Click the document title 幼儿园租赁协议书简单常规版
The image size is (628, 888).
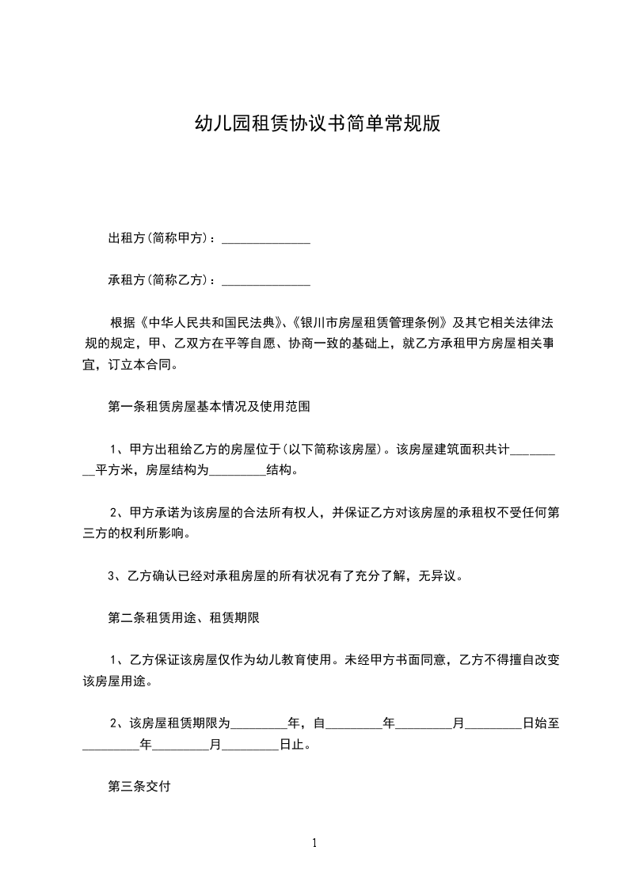tap(317, 124)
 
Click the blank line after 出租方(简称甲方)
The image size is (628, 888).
tap(265, 238)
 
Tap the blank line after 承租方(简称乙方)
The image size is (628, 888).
tap(265, 280)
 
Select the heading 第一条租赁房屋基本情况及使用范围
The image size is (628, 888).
tap(208, 408)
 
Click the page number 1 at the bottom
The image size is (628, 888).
tap(314, 843)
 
